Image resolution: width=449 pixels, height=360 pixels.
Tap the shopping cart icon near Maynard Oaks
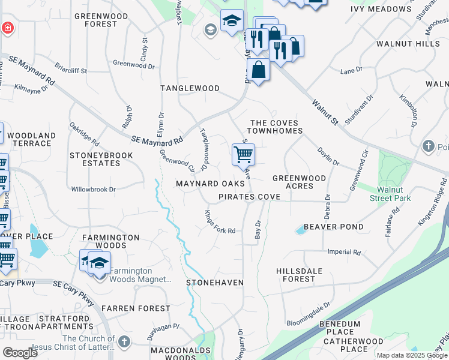point(243,155)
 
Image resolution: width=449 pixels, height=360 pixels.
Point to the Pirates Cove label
point(249,197)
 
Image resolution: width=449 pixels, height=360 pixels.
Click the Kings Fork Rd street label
point(220,222)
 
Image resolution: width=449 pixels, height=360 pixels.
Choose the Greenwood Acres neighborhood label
point(299,182)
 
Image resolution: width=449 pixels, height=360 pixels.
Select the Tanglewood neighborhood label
point(190,88)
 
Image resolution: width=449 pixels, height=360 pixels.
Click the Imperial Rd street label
point(344,253)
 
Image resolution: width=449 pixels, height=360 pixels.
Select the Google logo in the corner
point(20,353)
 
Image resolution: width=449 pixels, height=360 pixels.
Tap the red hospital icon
point(7,28)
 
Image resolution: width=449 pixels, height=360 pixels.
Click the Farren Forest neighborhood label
point(136,308)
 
